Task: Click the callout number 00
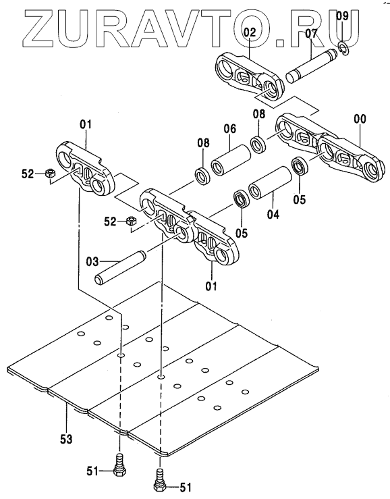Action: click(x=360, y=119)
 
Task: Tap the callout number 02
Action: click(x=250, y=32)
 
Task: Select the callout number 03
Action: click(x=92, y=262)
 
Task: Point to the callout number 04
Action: click(x=273, y=214)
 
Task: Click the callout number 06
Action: click(x=230, y=128)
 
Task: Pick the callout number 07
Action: click(x=312, y=33)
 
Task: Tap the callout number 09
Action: click(x=343, y=16)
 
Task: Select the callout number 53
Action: click(x=67, y=439)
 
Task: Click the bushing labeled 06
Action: click(x=231, y=160)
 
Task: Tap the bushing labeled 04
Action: click(x=271, y=182)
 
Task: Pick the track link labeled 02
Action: click(x=250, y=76)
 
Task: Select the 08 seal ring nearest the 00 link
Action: click(x=260, y=144)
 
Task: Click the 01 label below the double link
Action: click(x=211, y=286)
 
